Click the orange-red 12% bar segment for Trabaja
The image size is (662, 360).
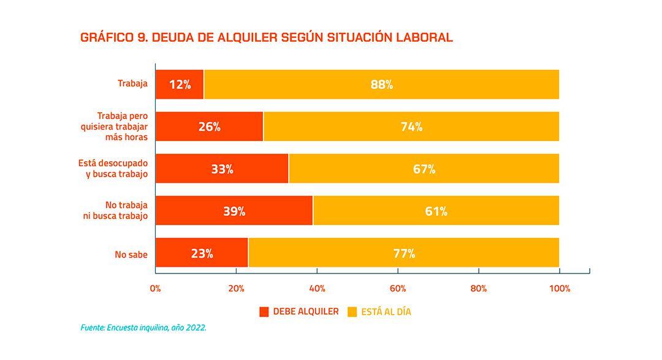[x=180, y=85]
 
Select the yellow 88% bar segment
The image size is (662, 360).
[x=381, y=85]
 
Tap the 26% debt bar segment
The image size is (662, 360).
[x=209, y=127]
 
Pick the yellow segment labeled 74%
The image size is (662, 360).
[x=411, y=127]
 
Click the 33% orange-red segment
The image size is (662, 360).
[x=222, y=169]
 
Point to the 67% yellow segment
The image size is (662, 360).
[x=424, y=169]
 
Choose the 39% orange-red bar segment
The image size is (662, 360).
[x=234, y=211]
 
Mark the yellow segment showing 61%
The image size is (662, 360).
[x=436, y=211]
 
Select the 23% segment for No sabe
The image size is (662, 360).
[x=202, y=253]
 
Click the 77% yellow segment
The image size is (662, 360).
[x=403, y=253]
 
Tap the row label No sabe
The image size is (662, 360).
[x=131, y=254]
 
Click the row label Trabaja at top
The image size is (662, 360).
[x=133, y=83]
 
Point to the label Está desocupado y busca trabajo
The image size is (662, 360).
[x=113, y=169]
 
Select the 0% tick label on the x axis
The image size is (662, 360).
[x=155, y=288]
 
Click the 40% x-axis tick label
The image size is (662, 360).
[x=317, y=288]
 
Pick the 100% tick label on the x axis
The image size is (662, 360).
[x=560, y=288]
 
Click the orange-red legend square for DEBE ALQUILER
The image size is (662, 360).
[x=264, y=312]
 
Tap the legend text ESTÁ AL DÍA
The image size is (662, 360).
[x=386, y=312]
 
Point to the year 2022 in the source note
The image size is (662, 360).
[x=196, y=328]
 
